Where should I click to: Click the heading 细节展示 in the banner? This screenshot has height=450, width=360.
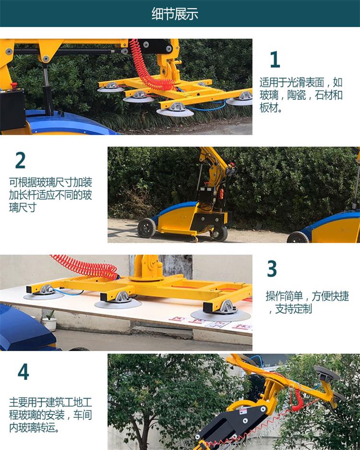click(175, 14)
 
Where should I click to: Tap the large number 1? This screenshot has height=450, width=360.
click(275, 59)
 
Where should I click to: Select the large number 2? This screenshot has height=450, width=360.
click(20, 160)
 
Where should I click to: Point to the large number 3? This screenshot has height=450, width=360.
click(272, 268)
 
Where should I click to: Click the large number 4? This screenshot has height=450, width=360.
click(23, 372)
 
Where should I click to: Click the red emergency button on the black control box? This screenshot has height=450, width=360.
click(14, 85)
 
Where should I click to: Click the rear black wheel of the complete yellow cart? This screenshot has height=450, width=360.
click(146, 228)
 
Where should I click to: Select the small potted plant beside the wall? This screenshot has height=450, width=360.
click(50, 321)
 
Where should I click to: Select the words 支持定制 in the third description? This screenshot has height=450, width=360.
click(293, 309)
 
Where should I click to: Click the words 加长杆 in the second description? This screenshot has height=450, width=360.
click(23, 195)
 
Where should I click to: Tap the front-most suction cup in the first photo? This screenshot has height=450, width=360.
click(175, 110)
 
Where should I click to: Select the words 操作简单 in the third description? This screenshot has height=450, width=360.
click(284, 296)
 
